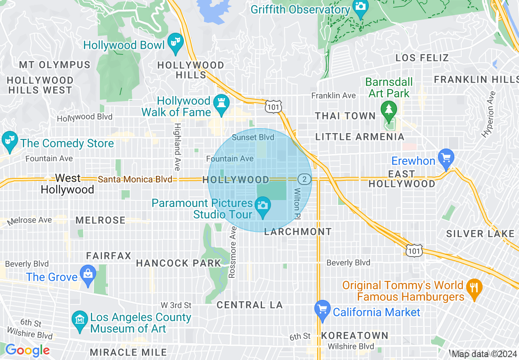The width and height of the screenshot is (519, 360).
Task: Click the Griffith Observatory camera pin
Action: pyautogui.click(x=361, y=8)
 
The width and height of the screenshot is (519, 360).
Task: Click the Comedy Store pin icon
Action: pyautogui.click(x=8, y=141)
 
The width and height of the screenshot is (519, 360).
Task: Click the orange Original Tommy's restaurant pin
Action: pyautogui.click(x=474, y=288)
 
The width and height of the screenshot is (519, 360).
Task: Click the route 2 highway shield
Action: pyautogui.click(x=303, y=179)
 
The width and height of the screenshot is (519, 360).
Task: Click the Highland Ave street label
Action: pyautogui.click(x=177, y=147)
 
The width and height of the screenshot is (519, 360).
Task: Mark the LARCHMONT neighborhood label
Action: pyautogui.click(x=298, y=232)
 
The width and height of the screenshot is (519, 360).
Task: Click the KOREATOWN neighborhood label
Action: pyautogui.click(x=354, y=336)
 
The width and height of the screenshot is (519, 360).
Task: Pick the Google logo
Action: pyautogui.click(x=27, y=350)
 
